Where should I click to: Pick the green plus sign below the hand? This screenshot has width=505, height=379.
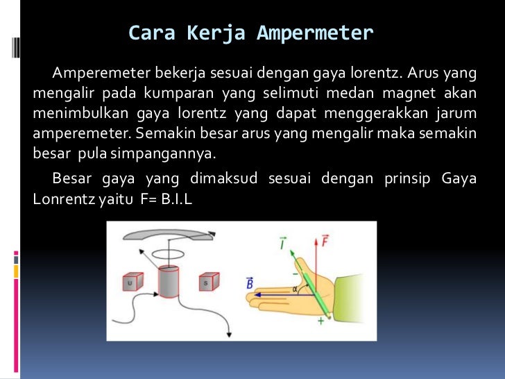pyautogui.click(x=320, y=320)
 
